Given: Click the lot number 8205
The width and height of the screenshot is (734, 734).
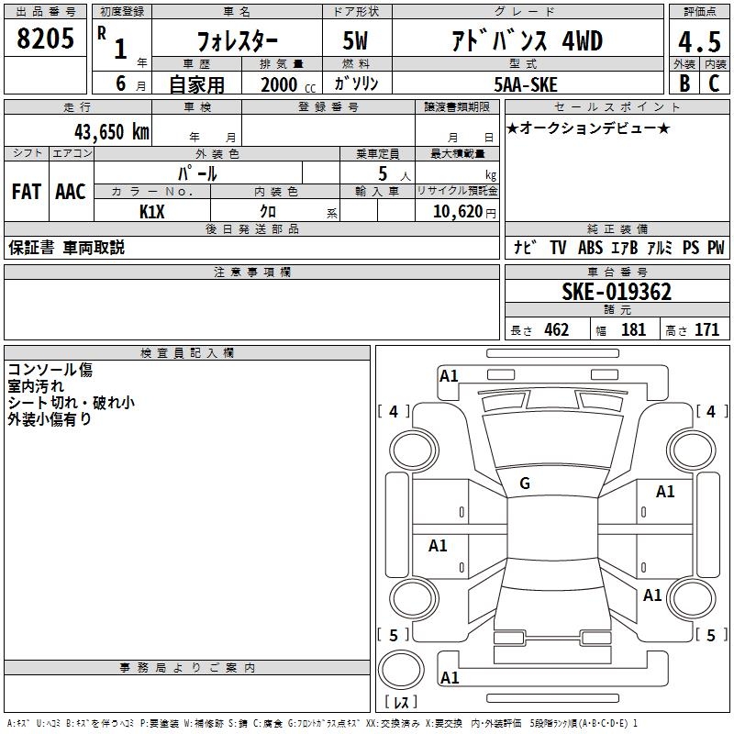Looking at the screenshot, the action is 45,39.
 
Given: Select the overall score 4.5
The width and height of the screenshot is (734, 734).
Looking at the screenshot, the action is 698,43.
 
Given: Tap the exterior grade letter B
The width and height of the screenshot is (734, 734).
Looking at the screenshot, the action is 684,83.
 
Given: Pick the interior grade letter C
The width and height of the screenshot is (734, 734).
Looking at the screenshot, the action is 714,83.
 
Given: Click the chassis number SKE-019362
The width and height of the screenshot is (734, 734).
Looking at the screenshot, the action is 617,293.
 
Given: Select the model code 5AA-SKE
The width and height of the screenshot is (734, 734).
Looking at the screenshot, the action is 526,83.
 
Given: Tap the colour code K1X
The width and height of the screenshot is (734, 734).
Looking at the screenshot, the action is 152,210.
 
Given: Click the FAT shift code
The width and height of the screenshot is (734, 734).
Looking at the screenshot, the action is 26,192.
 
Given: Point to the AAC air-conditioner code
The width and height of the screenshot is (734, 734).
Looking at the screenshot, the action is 71,192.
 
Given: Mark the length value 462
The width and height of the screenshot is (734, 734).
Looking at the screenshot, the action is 556,330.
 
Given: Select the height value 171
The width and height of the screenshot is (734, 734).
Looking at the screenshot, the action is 706,330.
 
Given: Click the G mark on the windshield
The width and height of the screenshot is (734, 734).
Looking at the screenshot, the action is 525,484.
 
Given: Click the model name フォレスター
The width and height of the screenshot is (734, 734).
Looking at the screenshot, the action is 235,41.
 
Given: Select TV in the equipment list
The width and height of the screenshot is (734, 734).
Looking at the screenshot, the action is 558,248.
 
